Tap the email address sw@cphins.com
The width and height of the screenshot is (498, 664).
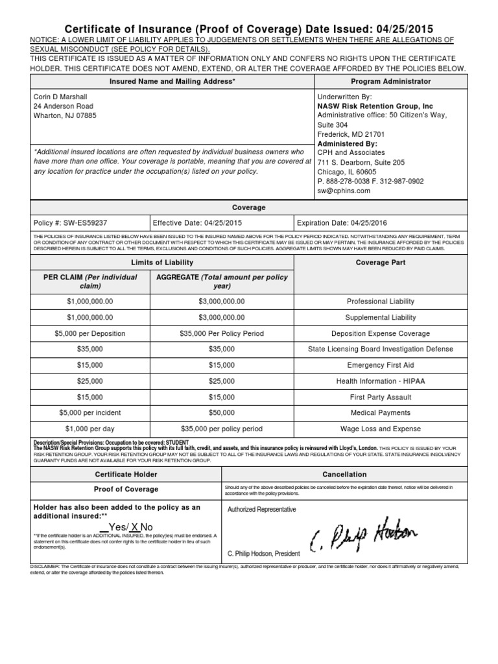pos(344,191)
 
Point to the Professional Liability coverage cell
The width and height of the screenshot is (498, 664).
pos(381,302)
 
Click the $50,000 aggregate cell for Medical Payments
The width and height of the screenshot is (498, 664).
pos(222,412)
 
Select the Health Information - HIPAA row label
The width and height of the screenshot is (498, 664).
pos(380,381)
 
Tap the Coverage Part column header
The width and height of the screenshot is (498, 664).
pos(381,263)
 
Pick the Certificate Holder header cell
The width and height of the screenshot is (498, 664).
pos(126,475)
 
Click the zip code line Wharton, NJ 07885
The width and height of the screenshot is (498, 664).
pos(65,116)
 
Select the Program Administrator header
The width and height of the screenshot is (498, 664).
pos(390,82)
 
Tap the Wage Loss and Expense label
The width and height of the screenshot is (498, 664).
pos(381,429)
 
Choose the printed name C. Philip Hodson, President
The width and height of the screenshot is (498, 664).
pos(264,553)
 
